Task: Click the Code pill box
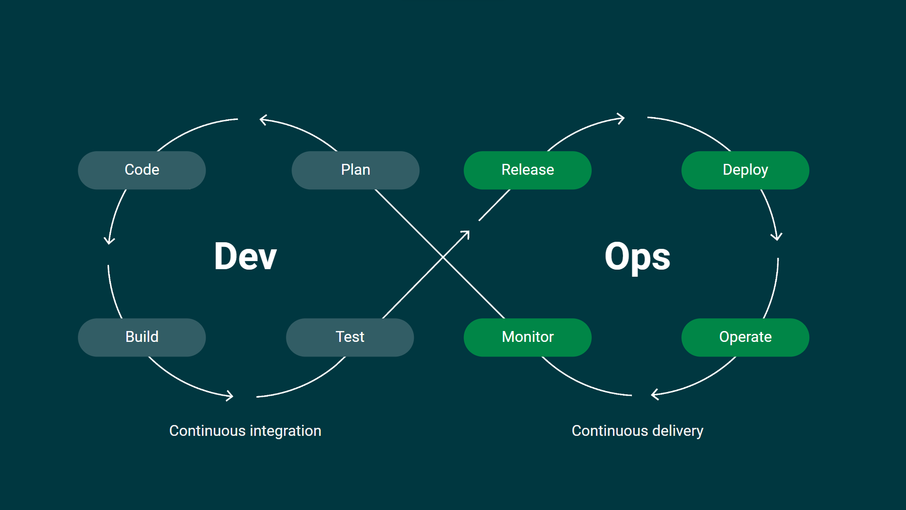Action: click(142, 170)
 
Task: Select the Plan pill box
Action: click(355, 170)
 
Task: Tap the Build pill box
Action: click(142, 337)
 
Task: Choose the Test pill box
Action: click(350, 337)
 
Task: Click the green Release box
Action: click(528, 170)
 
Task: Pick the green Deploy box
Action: click(745, 170)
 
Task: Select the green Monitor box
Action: click(528, 337)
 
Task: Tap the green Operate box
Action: click(745, 337)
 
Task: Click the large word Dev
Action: click(245, 256)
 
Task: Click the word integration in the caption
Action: click(285, 431)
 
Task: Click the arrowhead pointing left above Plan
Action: click(262, 120)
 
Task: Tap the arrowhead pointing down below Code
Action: click(109, 241)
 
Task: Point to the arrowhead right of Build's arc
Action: click(230, 396)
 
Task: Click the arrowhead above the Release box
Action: click(622, 119)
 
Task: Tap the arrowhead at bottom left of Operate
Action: click(654, 395)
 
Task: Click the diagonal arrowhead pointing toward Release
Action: click(467, 233)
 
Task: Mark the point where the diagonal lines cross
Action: click(443, 257)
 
